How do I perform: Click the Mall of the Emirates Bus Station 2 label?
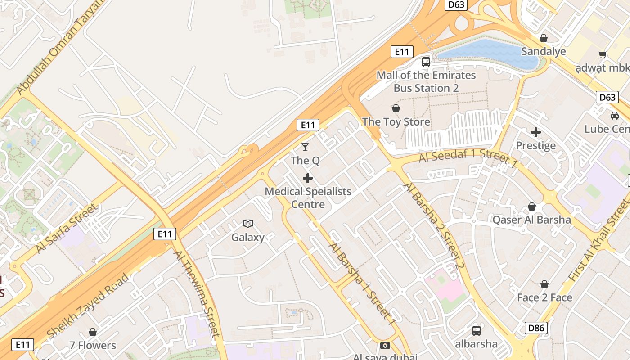coord(426,81)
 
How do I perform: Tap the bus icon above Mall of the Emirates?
coord(426,62)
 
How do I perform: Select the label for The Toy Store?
coord(396,122)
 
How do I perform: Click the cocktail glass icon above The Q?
coord(305,147)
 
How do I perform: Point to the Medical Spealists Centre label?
coord(308,198)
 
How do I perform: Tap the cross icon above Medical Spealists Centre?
coord(308,178)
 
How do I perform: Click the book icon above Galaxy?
coord(248,224)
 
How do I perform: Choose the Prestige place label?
coord(535,146)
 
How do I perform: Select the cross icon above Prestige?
coord(535,132)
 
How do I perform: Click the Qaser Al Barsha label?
coord(531,220)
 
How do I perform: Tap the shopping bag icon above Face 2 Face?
coord(544,284)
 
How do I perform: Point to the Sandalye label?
coord(543,51)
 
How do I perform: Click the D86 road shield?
coord(536,328)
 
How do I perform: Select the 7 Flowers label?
coord(93,346)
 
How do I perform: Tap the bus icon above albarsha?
coord(476,331)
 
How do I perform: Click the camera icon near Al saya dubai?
coord(385,345)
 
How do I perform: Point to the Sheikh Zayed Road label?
coord(88,306)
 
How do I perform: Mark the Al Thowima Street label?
coord(197,292)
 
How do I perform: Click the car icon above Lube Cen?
coord(614,116)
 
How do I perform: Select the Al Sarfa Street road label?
coord(66,228)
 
